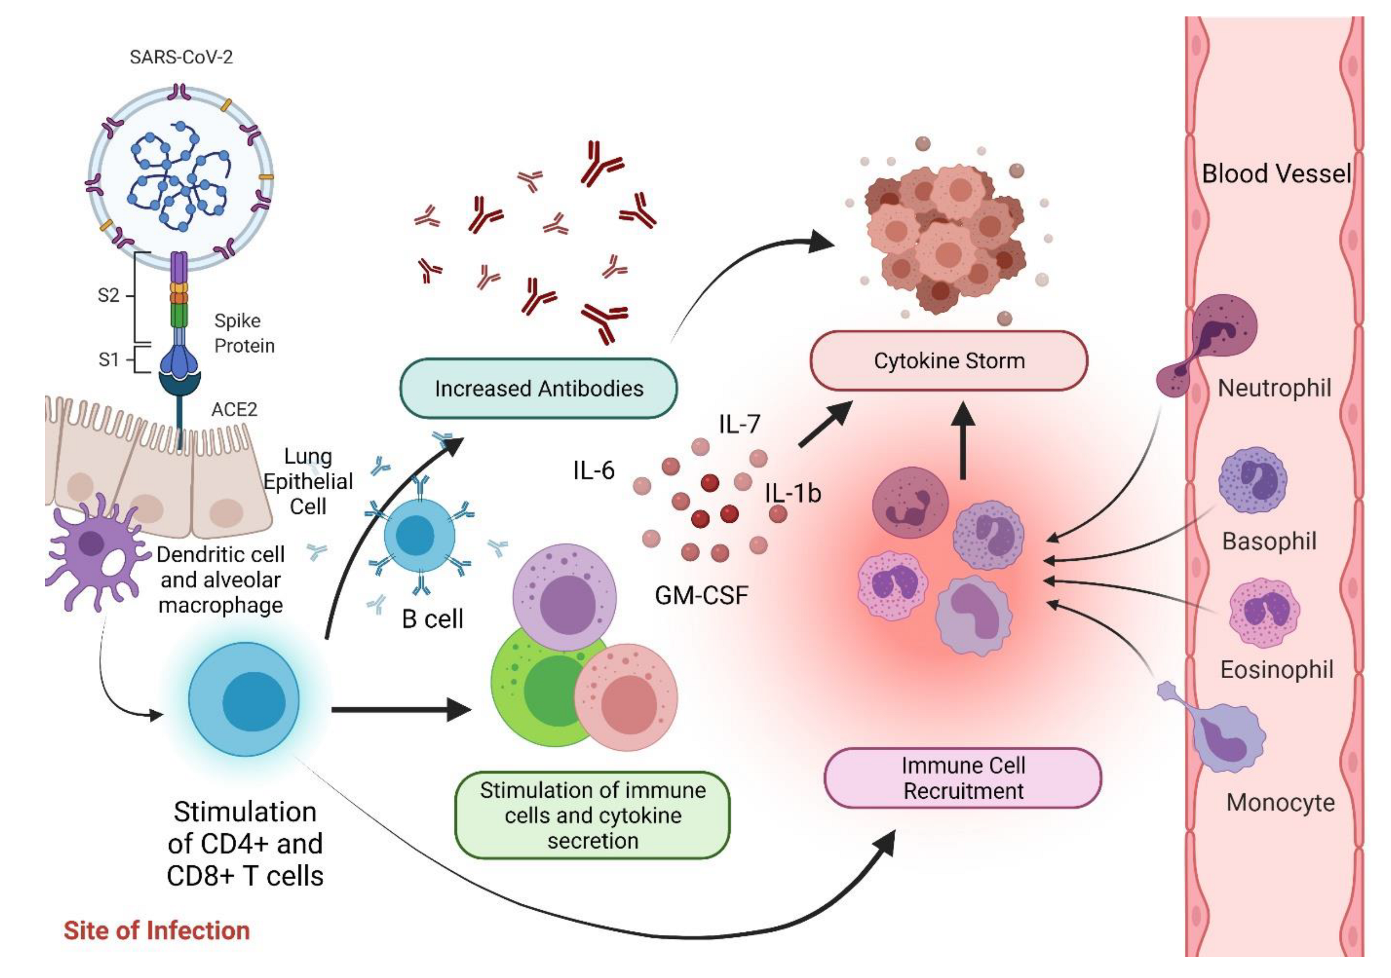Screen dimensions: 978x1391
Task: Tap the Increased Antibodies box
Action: coord(538,388)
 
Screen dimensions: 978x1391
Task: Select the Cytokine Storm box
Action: coord(949,361)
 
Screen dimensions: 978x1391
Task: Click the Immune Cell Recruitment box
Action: coord(963,778)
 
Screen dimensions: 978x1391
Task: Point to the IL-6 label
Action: coord(594,470)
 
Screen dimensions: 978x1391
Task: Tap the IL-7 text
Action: coord(739,424)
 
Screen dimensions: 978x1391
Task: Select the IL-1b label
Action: coord(792,493)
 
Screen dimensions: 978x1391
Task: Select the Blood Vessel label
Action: coord(1276,174)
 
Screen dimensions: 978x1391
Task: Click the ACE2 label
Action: coord(234,410)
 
